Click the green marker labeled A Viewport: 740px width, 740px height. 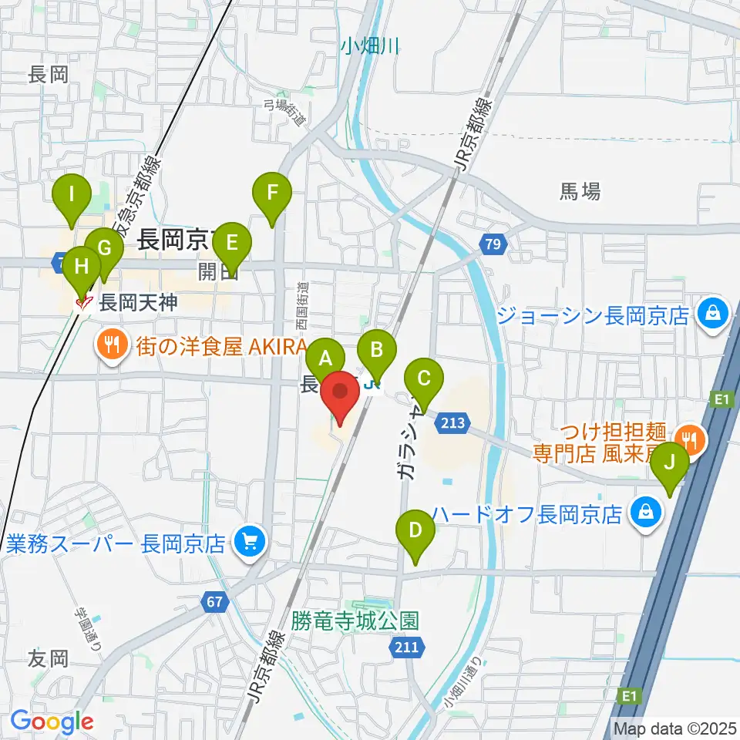tap(325, 358)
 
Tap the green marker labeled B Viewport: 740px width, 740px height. tap(377, 349)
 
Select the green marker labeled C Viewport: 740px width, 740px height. tap(424, 378)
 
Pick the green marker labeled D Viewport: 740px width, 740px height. tap(415, 530)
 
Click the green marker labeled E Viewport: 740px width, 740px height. tap(232, 241)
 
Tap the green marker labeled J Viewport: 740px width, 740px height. tap(670, 462)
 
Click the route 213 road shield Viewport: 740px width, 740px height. tap(453, 421)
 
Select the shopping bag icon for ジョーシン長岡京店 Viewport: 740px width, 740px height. tap(713, 314)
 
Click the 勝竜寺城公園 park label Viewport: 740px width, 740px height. tap(355, 620)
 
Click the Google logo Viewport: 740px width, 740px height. tap(51, 721)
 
